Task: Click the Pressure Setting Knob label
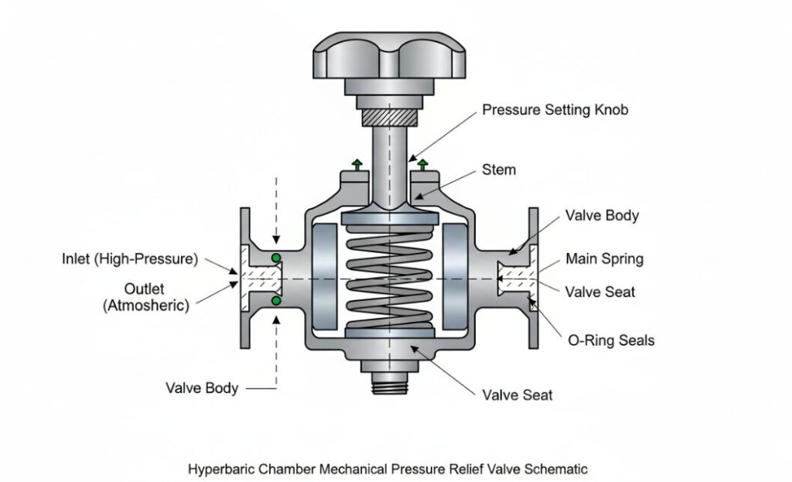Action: pyautogui.click(x=555, y=110)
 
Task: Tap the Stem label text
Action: pyautogui.click(x=498, y=169)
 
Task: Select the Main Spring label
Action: pyautogui.click(x=604, y=258)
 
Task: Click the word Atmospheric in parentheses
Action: pyautogui.click(x=145, y=305)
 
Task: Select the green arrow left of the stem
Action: pyautogui.click(x=357, y=164)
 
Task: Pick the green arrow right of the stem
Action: pyautogui.click(x=423, y=164)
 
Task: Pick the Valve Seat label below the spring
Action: pyautogui.click(x=517, y=396)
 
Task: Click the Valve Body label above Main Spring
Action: pyautogui.click(x=603, y=216)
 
